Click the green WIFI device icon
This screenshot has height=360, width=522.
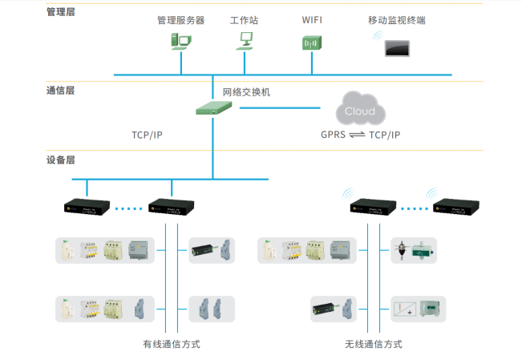pyautogui.click(x=311, y=43)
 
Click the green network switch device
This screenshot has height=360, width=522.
pyautogui.click(x=213, y=108)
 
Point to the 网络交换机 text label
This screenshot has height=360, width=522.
pyautogui.click(x=246, y=92)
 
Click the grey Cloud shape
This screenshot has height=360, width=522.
pyautogui.click(x=358, y=111)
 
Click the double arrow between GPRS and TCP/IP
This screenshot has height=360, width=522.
pyautogui.click(x=357, y=135)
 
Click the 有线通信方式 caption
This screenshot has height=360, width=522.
pyautogui.click(x=171, y=344)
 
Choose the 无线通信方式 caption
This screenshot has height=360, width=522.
pyautogui.click(x=373, y=344)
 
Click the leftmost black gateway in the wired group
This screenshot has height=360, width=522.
pyautogui.click(x=86, y=208)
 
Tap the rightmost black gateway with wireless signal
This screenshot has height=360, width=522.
pyautogui.click(x=453, y=208)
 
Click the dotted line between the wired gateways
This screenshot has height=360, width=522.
pyautogui.click(x=128, y=208)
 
